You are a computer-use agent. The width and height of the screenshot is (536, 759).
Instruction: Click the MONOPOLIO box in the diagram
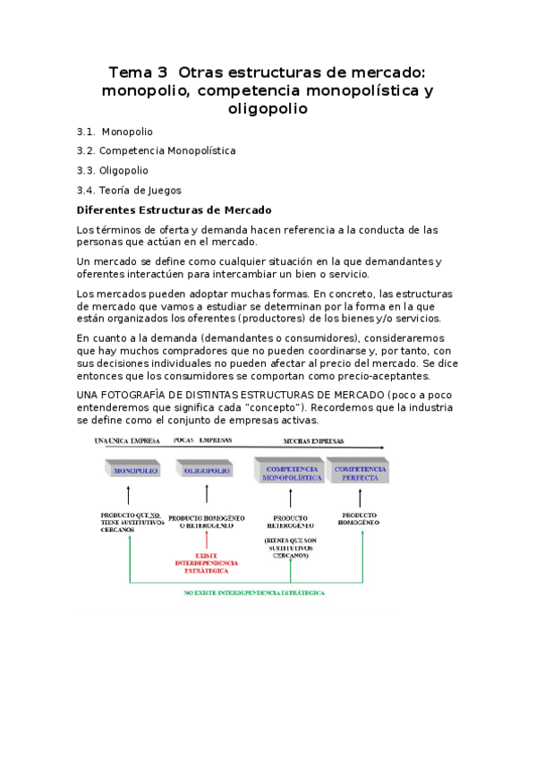tap(132, 470)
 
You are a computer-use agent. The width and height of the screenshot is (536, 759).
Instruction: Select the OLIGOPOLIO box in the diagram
tap(207, 470)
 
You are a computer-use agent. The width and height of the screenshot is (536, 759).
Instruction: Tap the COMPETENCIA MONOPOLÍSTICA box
tap(291, 472)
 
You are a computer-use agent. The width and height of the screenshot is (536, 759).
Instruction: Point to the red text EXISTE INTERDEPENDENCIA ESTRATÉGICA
tap(207, 563)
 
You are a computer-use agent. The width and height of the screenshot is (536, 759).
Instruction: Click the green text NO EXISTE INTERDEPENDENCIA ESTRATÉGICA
tap(254, 593)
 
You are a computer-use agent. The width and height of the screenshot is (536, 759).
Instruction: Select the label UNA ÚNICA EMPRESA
tap(127, 441)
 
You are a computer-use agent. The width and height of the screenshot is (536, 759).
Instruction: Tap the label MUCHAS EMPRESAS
tap(313, 441)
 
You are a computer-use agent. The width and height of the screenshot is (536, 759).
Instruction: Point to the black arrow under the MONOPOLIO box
tap(130, 495)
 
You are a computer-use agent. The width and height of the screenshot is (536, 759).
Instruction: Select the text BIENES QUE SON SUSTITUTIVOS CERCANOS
tap(290, 548)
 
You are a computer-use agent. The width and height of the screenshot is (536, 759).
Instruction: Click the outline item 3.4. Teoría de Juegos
tap(129, 190)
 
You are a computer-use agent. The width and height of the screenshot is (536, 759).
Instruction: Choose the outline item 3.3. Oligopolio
tap(113, 170)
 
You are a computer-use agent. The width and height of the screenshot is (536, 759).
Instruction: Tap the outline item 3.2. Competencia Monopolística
tap(157, 150)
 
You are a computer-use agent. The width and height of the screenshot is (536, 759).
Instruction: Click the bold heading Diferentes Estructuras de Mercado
tap(174, 210)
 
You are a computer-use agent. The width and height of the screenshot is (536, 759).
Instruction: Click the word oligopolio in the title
tap(268, 108)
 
